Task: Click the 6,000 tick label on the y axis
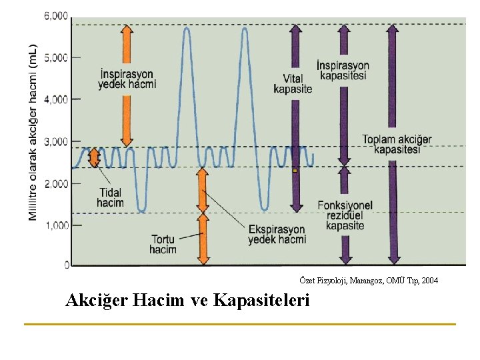(x=56, y=16)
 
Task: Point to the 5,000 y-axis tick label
(x=56, y=58)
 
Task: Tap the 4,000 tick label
(x=56, y=99)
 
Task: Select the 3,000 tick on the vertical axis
(x=56, y=141)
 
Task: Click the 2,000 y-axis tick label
(x=56, y=183)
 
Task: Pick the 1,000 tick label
(x=56, y=225)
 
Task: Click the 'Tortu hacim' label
(x=163, y=244)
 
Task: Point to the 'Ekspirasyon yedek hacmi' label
(x=277, y=234)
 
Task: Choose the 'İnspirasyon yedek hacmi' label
(x=126, y=79)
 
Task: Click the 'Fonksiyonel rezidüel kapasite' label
(x=345, y=215)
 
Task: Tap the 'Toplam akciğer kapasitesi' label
(x=397, y=144)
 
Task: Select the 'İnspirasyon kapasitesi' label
(x=343, y=70)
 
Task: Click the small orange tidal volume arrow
(x=95, y=157)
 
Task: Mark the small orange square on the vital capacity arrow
(x=295, y=171)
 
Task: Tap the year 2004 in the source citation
(x=429, y=281)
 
